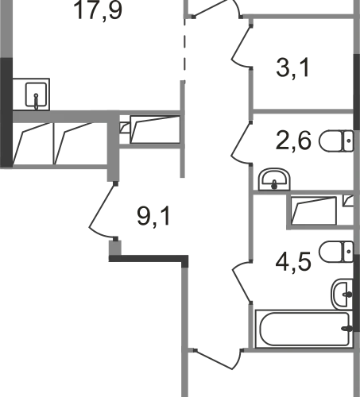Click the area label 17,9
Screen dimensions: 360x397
pos(99,10)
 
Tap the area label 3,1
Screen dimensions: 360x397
pos(292,68)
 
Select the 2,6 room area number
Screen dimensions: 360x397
pos(293,141)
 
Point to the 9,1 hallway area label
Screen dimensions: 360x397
pos(153,216)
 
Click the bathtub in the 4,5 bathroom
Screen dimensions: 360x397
pos(304,329)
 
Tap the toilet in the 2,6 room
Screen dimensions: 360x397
pos(336,141)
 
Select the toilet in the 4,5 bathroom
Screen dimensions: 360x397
pos(336,252)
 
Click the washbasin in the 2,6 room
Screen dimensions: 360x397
pos(274,179)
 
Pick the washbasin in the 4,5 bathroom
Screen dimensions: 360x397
pos(343,294)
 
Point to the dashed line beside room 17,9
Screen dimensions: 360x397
pos(184,48)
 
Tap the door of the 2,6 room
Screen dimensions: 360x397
pos(242,144)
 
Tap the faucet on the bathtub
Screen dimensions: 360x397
pos(347,329)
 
